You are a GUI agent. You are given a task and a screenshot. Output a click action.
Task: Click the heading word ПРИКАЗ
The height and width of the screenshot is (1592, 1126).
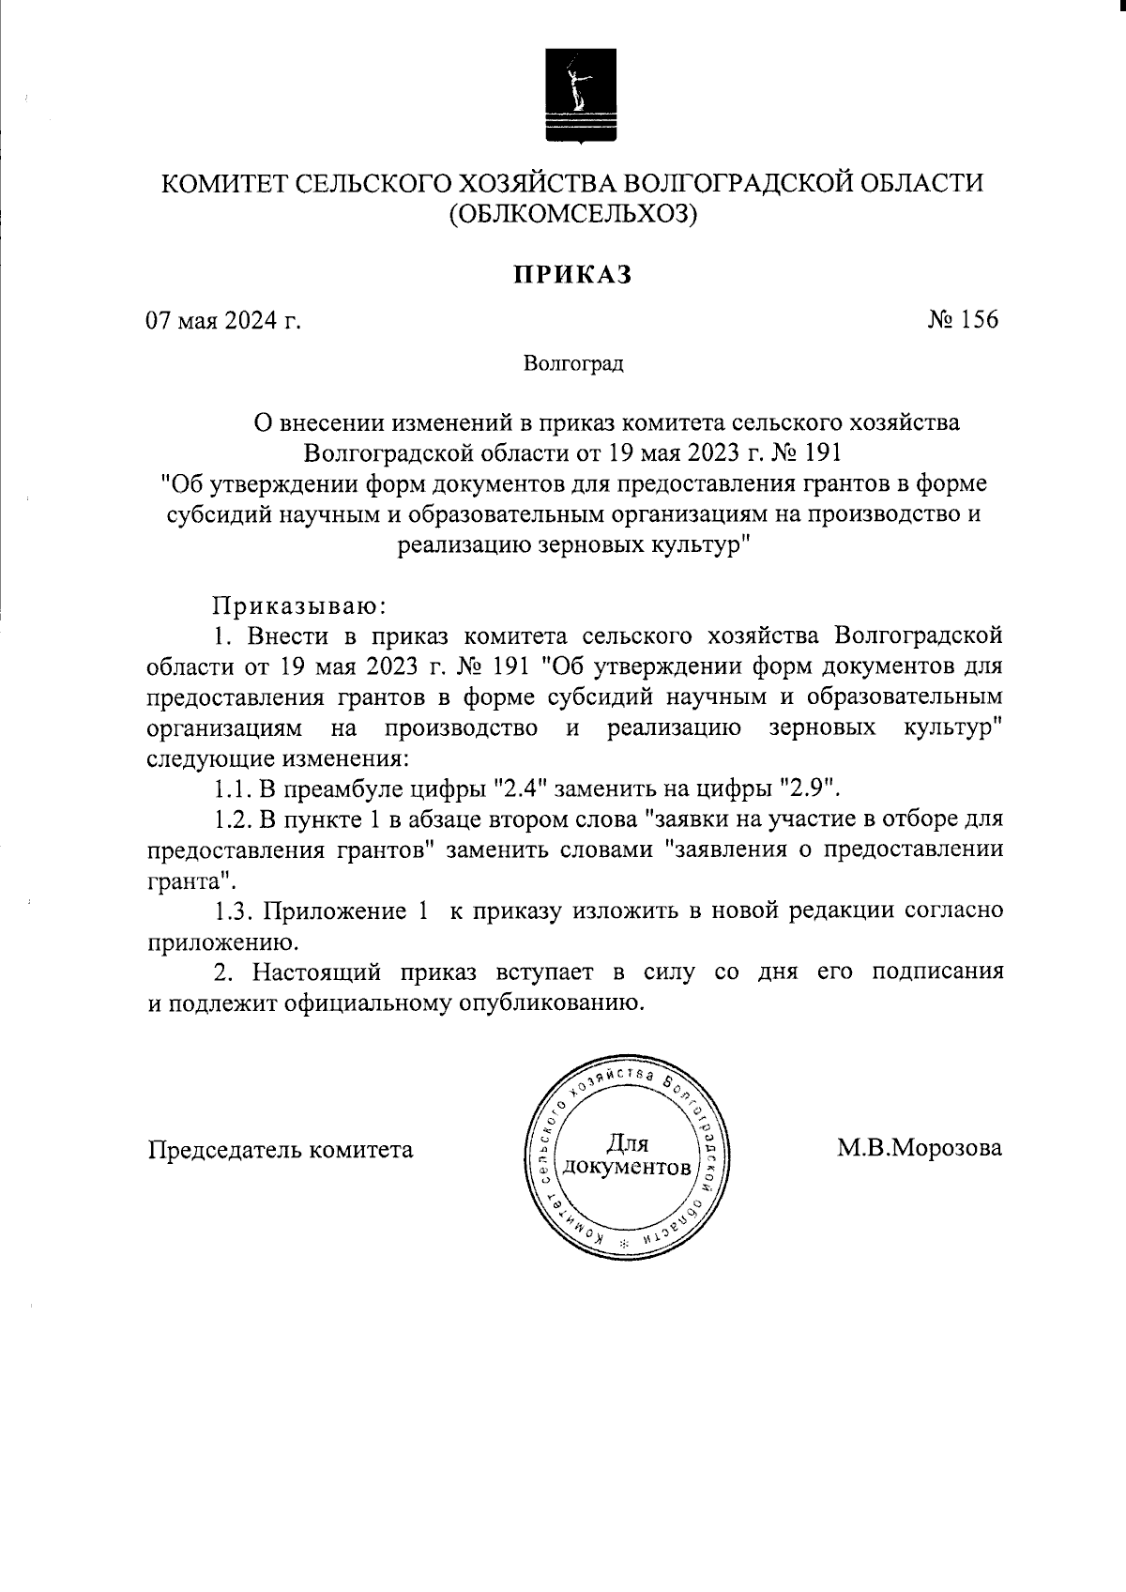click(x=572, y=274)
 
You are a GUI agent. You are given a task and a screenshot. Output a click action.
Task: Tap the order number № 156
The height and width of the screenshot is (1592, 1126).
click(x=963, y=320)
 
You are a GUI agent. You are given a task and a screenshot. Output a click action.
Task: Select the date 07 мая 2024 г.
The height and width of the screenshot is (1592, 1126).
click(x=223, y=321)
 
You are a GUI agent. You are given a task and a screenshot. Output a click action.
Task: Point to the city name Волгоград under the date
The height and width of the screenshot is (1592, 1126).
click(x=573, y=363)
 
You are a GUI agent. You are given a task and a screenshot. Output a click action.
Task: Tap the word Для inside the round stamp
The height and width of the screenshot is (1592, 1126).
click(x=626, y=1142)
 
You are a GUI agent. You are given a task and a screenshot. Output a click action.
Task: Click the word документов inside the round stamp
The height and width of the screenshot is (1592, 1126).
click(x=626, y=1169)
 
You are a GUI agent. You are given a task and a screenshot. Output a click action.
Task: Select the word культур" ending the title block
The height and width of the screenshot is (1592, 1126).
click(x=695, y=544)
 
